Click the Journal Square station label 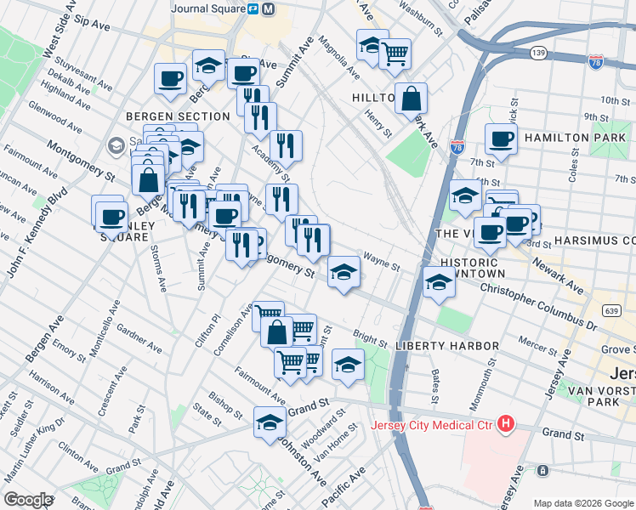point(207,9)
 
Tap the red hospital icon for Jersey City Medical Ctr point(506,422)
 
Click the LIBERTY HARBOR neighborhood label point(447,346)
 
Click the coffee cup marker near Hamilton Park point(501,139)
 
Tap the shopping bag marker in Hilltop point(411,98)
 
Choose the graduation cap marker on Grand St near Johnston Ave point(270,422)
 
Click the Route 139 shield point(537,53)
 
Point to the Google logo point(27,500)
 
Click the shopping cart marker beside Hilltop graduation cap point(395,54)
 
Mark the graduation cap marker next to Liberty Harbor point(347,364)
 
